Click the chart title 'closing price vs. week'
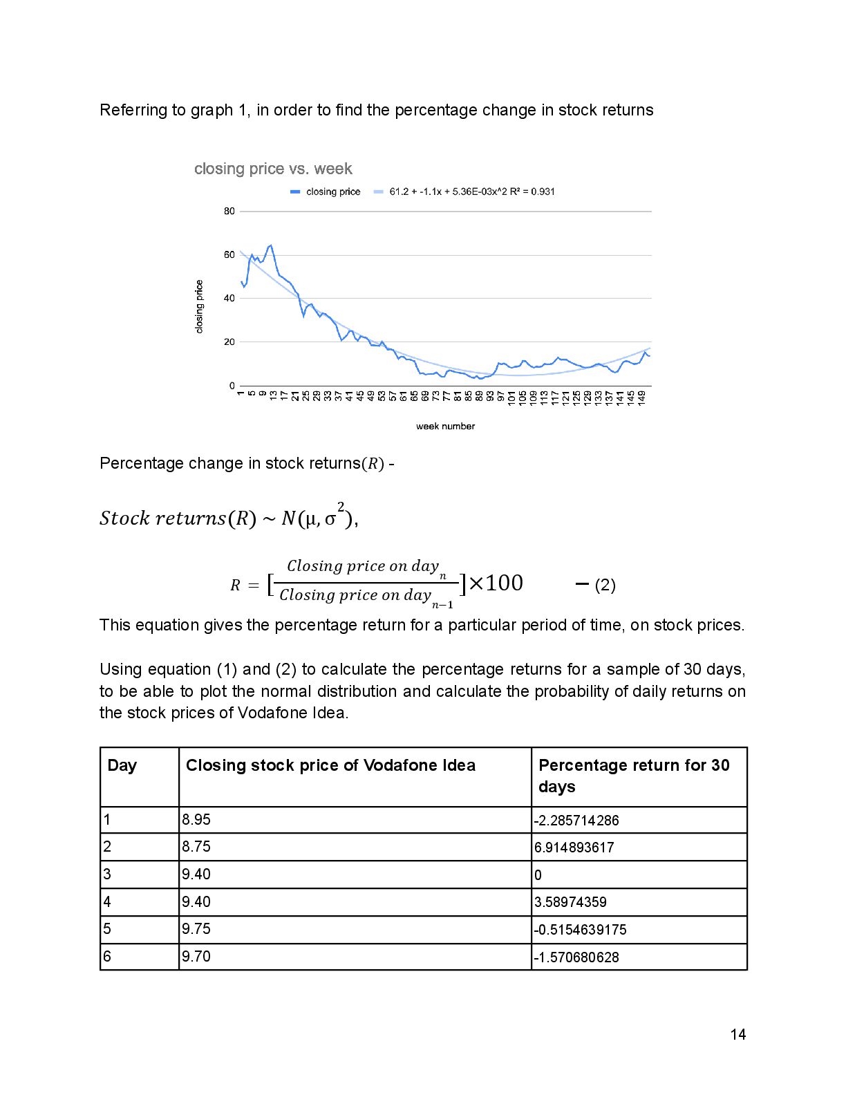click(273, 169)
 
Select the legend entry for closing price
click(326, 192)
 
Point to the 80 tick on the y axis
click(229, 212)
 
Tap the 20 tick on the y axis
click(229, 342)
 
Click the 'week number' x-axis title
click(445, 427)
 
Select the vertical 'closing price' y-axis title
click(200, 306)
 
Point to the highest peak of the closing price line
click(270, 245)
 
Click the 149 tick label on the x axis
click(642, 397)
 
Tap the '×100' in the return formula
click(496, 583)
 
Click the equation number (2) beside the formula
click(605, 586)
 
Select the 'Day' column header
click(122, 766)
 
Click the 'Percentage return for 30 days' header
click(634, 776)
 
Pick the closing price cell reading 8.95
click(196, 820)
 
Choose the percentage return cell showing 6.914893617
click(574, 848)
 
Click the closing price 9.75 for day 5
click(196, 929)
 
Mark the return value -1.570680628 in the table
click(576, 957)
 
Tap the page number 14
click(737, 1035)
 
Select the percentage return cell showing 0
click(538, 875)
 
